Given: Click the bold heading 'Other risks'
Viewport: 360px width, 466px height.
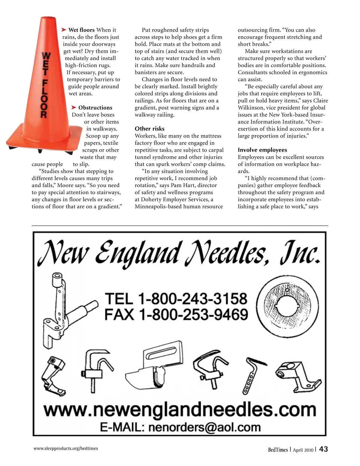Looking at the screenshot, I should (149, 129).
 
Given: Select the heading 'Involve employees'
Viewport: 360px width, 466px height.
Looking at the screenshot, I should (262, 150).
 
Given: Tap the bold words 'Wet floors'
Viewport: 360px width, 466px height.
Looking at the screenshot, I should (81, 30).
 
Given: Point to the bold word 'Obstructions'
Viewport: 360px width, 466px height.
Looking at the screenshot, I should (95, 108).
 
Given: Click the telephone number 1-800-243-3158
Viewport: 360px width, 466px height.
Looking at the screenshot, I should (192, 299).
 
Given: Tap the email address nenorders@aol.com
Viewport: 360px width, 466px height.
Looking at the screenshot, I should (204, 427).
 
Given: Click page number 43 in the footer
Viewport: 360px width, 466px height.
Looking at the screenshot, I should (323, 449).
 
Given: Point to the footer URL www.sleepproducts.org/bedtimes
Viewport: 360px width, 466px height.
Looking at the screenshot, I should (66, 448).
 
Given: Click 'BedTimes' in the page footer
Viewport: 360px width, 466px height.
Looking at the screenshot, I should (277, 449).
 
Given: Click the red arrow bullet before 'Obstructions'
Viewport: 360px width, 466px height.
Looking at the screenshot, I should (74, 107).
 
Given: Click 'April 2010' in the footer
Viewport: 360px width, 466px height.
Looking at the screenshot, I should (303, 450).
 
